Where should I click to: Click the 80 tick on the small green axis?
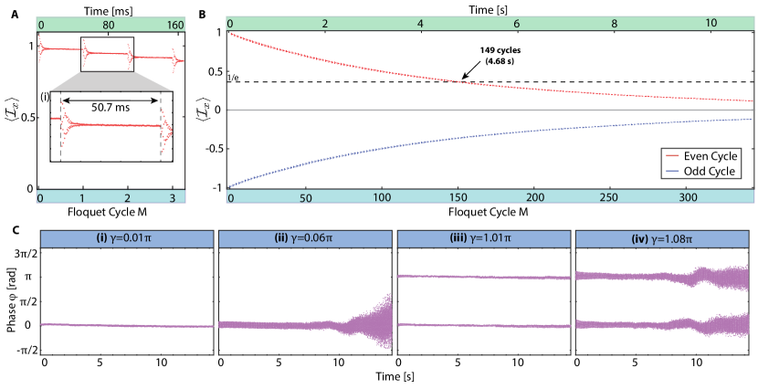pos(109,26)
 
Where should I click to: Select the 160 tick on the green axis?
pos(175,26)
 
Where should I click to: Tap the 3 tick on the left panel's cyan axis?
pos(172,197)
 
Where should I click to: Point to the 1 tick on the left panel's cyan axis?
pos(82,197)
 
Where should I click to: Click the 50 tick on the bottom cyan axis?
pos(306,197)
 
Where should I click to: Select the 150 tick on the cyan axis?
pos(458,197)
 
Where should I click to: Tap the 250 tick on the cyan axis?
pos(613,197)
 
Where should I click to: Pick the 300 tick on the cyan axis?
pos(690,197)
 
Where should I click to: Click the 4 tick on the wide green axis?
pos(420,23)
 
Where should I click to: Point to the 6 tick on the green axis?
pos(517,23)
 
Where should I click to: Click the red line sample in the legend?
pos(673,156)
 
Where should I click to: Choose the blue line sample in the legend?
pos(673,171)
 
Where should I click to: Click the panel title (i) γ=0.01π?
pos(126,238)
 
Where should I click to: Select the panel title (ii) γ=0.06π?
pos(304,238)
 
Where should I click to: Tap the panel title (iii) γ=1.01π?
pos(483,238)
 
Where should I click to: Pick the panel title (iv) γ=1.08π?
pos(662,238)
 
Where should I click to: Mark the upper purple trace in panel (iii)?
pos(484,277)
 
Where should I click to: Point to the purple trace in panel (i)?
pos(126,325)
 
